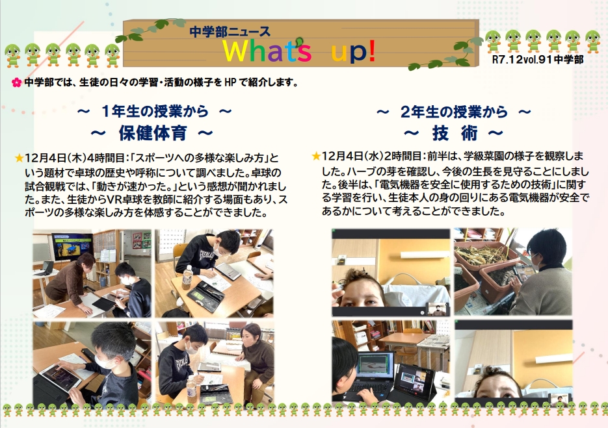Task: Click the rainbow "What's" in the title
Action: pyautogui.click(x=267, y=51)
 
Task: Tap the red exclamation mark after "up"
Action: pyautogui.click(x=371, y=50)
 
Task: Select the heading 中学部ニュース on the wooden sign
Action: pyautogui.click(x=230, y=31)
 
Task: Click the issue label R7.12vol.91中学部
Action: pyautogui.click(x=537, y=59)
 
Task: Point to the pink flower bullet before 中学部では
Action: pyautogui.click(x=16, y=82)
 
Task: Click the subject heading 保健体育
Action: pyautogui.click(x=153, y=133)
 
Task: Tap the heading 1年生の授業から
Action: pyautogui.click(x=155, y=112)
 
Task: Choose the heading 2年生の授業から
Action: pyautogui.click(x=454, y=112)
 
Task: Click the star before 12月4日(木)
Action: pyautogui.click(x=19, y=158)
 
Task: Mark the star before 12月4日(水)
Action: pyautogui.click(x=316, y=156)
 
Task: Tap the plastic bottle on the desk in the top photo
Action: pyautogui.click(x=188, y=277)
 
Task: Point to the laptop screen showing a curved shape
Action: pyautogui.click(x=375, y=366)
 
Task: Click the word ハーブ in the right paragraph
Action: pyautogui.click(x=363, y=171)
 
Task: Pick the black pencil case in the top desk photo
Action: pyautogui.click(x=205, y=296)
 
